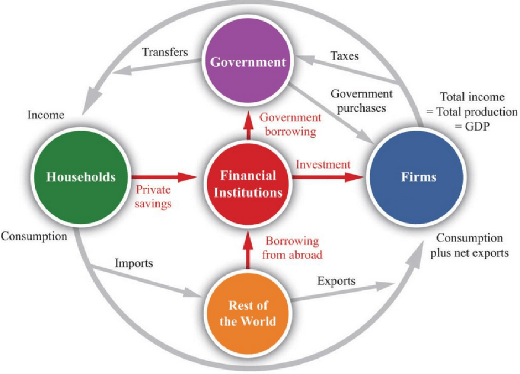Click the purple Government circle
pyautogui.click(x=248, y=62)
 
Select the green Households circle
pyautogui.click(x=81, y=177)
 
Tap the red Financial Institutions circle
pyautogui.click(x=248, y=184)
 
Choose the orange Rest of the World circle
pyautogui.click(x=247, y=313)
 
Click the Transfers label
pyautogui.click(x=165, y=53)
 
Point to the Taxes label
pyautogui.click(x=344, y=56)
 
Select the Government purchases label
pyautogui.click(x=362, y=101)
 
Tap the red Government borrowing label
pyautogui.click(x=290, y=124)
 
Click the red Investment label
pyautogui.click(x=323, y=164)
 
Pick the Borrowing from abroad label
pyautogui.click(x=292, y=248)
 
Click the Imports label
pyautogui.click(x=133, y=263)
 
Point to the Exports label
pyautogui.click(x=336, y=281)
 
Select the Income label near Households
pyautogui.click(x=46, y=115)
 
